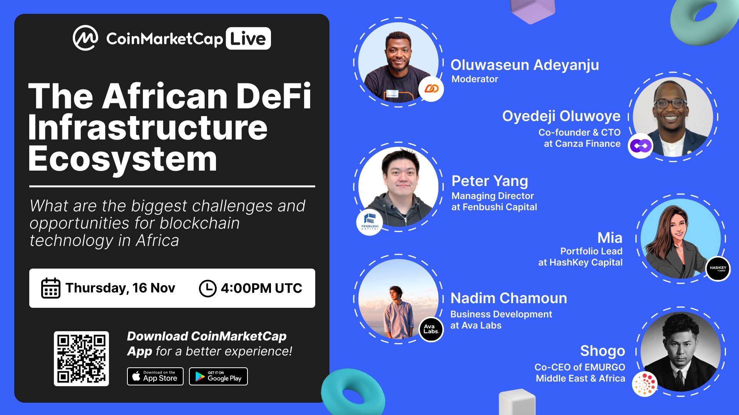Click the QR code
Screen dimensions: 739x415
coord(81,359)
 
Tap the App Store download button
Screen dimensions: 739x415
coord(155,376)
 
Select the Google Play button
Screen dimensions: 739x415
coord(218,376)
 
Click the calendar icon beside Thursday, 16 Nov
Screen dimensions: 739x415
coord(50,288)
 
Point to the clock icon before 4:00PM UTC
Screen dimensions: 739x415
coord(207,288)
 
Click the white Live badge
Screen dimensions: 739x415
coord(248,38)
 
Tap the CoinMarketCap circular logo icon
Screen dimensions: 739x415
coord(85,38)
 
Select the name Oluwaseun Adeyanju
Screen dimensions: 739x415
coord(525,65)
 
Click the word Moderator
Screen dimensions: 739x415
coord(475,79)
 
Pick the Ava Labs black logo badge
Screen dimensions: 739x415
coord(431,329)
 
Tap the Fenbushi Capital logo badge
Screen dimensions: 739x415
coord(369,222)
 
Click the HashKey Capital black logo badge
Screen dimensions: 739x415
coord(718,269)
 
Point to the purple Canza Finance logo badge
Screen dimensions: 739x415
coord(640,146)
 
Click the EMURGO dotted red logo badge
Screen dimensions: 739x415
coord(645,384)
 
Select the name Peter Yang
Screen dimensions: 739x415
coord(490,181)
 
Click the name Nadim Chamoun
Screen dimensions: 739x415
coord(508,298)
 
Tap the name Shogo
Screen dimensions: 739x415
coord(602,351)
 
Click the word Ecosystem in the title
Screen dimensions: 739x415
coord(123,159)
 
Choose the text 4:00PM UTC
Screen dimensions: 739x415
coord(261,288)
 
